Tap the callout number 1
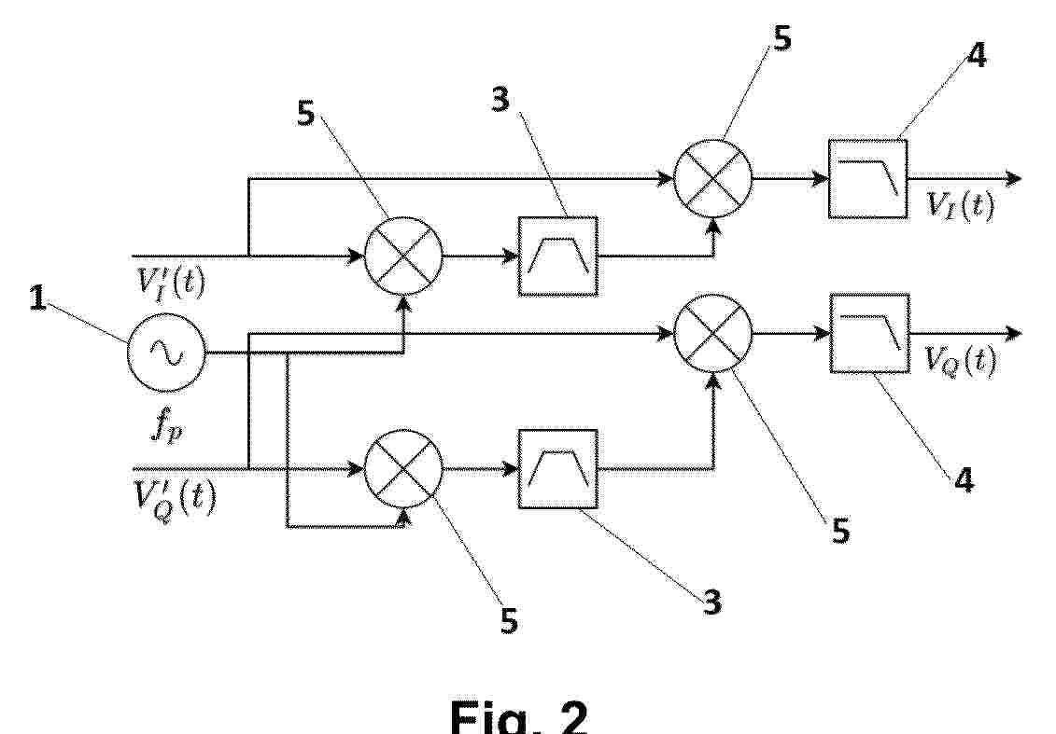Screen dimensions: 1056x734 pyautogui.click(x=38, y=298)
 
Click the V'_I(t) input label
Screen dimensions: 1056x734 pyautogui.click(x=171, y=283)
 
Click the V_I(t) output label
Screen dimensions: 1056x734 pyautogui.click(x=960, y=204)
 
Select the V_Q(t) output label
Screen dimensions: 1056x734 pyautogui.click(x=959, y=360)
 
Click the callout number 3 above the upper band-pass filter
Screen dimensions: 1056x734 pyautogui.click(x=500, y=100)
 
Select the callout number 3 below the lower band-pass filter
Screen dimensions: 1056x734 pyautogui.click(x=711, y=602)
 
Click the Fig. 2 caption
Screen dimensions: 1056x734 pyautogui.click(x=518, y=717)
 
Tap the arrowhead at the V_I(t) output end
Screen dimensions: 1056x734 pyautogui.click(x=1014, y=179)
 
